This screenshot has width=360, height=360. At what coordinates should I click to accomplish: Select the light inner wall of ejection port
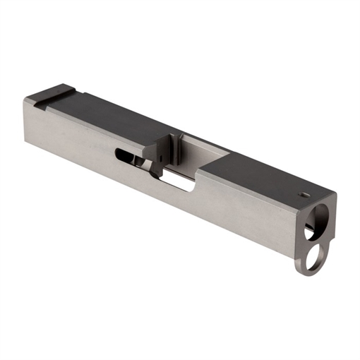point(201,153)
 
